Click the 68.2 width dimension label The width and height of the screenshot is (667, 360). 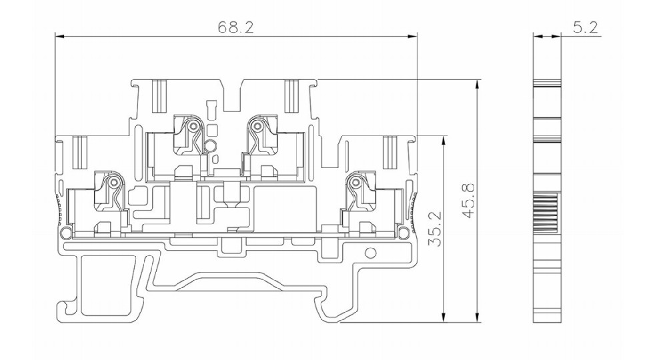pos(235,27)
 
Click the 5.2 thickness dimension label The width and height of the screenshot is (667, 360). pos(586,27)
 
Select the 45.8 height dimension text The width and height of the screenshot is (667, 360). pos(468,201)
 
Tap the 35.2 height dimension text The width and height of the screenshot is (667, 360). pos(434,229)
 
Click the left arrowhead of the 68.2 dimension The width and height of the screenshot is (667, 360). pos(59,37)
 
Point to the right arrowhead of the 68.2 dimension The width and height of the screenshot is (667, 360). pos(412,37)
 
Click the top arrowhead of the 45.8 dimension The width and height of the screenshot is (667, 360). pos(478,84)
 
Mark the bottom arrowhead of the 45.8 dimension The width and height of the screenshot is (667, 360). pos(478,317)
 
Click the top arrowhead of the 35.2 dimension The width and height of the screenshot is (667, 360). pos(444,141)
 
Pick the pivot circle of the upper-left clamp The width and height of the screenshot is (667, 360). pos(194,126)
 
